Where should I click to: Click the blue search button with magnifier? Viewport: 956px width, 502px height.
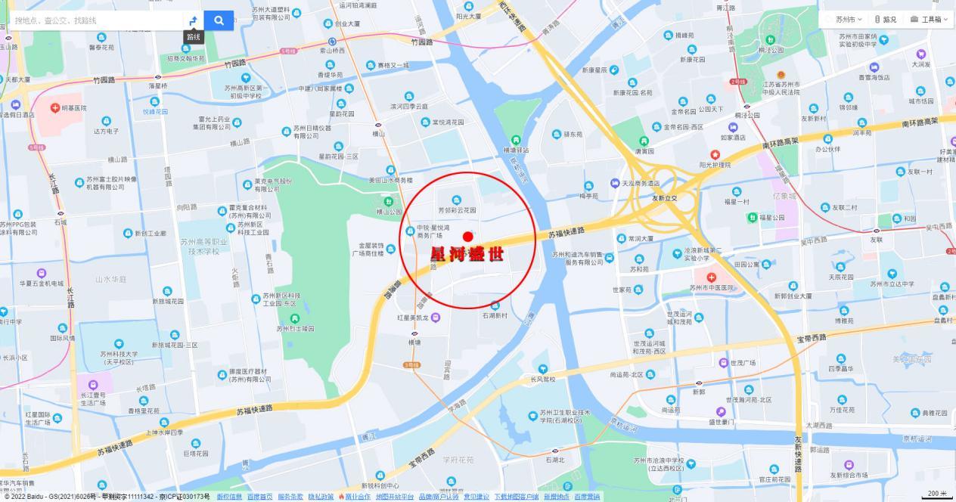219,20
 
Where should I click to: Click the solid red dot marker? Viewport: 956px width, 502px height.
467,237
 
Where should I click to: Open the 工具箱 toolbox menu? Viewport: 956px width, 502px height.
930,20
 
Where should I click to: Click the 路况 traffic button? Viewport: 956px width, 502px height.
886,20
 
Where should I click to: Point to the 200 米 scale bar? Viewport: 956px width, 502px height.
936,494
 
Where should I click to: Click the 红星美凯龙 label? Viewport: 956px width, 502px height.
413,318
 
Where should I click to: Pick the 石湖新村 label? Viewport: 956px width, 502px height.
495,315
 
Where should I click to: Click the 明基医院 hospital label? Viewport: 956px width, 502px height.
73,108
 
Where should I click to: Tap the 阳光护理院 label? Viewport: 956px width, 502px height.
715,164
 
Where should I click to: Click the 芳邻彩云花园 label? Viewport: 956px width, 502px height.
457,209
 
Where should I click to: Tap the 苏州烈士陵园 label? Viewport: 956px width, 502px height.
295,328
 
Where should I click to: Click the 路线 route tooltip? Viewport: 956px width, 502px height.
194,37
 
